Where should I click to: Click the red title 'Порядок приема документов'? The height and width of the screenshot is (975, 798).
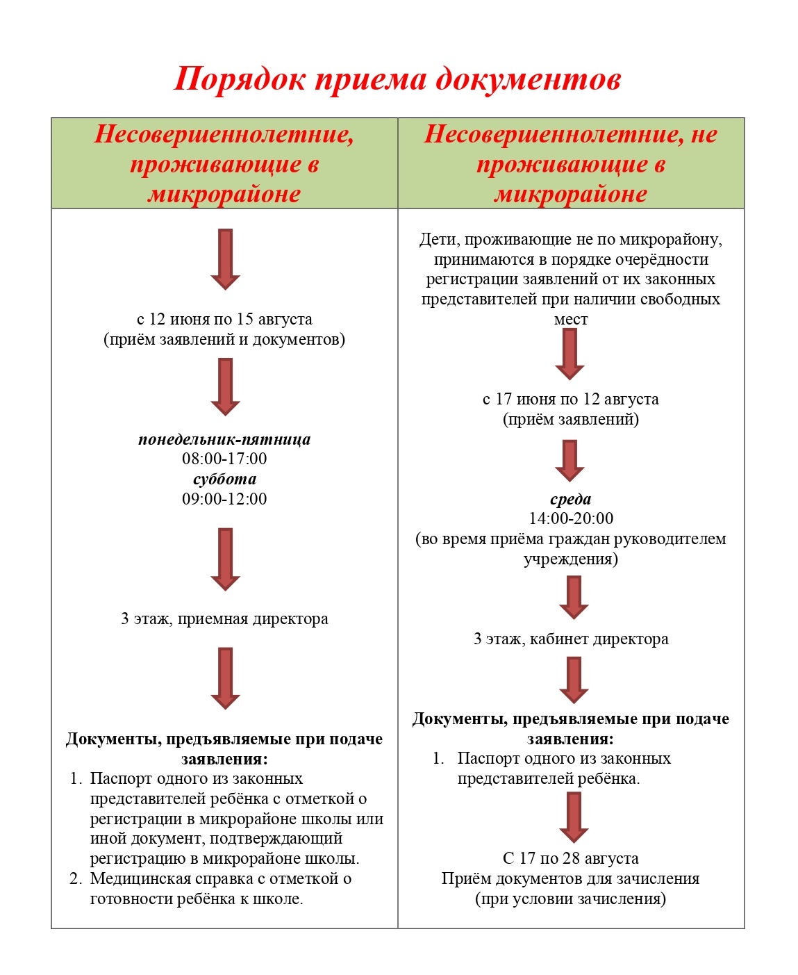pos(397,79)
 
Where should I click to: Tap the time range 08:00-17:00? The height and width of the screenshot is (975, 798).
pos(224,459)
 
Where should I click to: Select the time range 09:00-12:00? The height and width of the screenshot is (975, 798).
pos(224,499)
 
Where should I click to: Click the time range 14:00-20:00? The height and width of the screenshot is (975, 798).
pos(571,518)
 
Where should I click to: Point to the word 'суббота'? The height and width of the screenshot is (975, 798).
pos(224,479)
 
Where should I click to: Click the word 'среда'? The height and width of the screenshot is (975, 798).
pos(571,499)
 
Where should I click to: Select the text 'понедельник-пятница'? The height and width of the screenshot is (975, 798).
pos(224,439)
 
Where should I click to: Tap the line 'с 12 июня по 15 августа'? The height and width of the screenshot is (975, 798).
pos(224,320)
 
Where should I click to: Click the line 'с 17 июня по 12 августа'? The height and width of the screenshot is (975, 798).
pos(571,400)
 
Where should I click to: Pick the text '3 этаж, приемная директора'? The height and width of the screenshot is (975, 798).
pos(224,619)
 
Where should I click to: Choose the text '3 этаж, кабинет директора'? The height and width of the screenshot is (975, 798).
pos(571,639)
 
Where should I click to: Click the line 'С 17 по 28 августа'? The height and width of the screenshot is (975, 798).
pos(571,859)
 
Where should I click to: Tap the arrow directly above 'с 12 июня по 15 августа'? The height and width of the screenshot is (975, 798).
pos(225,259)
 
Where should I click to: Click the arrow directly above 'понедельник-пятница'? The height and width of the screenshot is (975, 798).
pos(225,386)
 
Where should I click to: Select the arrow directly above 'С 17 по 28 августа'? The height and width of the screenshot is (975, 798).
pos(574,817)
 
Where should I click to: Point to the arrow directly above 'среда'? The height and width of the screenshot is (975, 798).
pos(570,460)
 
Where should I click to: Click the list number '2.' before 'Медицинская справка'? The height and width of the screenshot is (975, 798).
pos(76,879)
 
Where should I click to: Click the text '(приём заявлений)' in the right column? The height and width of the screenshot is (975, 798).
pos(571,420)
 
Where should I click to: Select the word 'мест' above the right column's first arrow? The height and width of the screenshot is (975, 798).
pos(571,320)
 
